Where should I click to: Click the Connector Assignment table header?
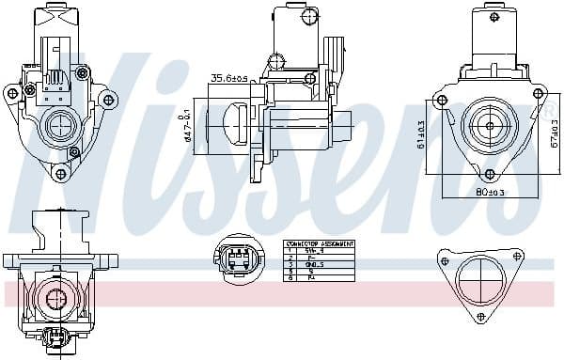pyautogui.click(x=320, y=243)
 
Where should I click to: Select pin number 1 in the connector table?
pyautogui.click(x=291, y=250)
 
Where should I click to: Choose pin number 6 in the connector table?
pyautogui.click(x=291, y=277)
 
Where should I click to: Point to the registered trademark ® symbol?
pyautogui.click(x=545, y=110)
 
